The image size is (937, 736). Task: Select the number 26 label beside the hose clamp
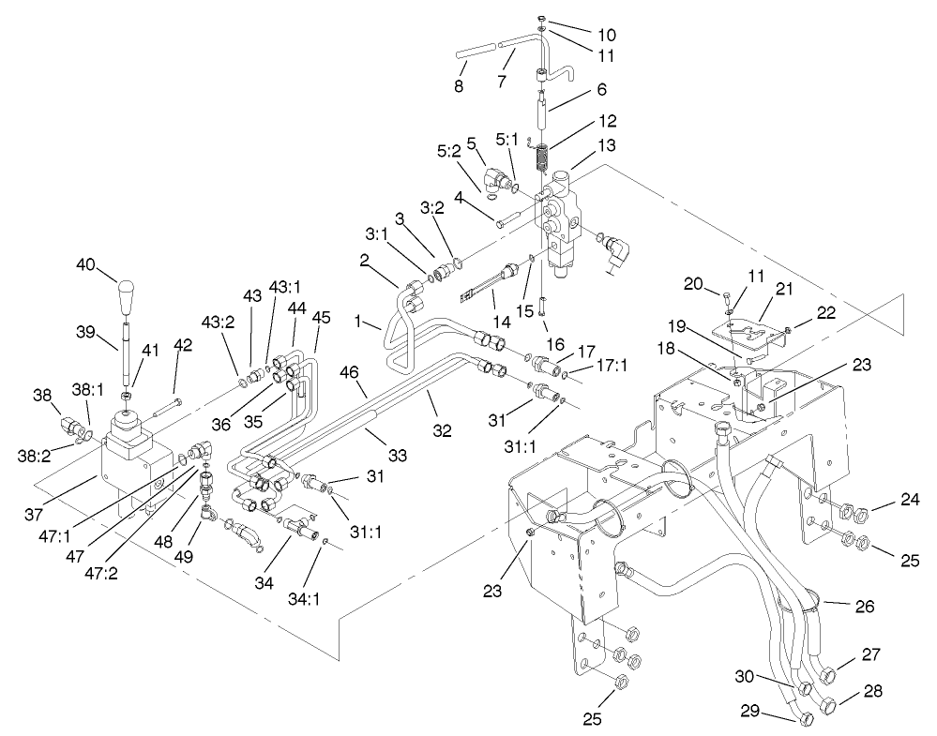click(864, 607)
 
